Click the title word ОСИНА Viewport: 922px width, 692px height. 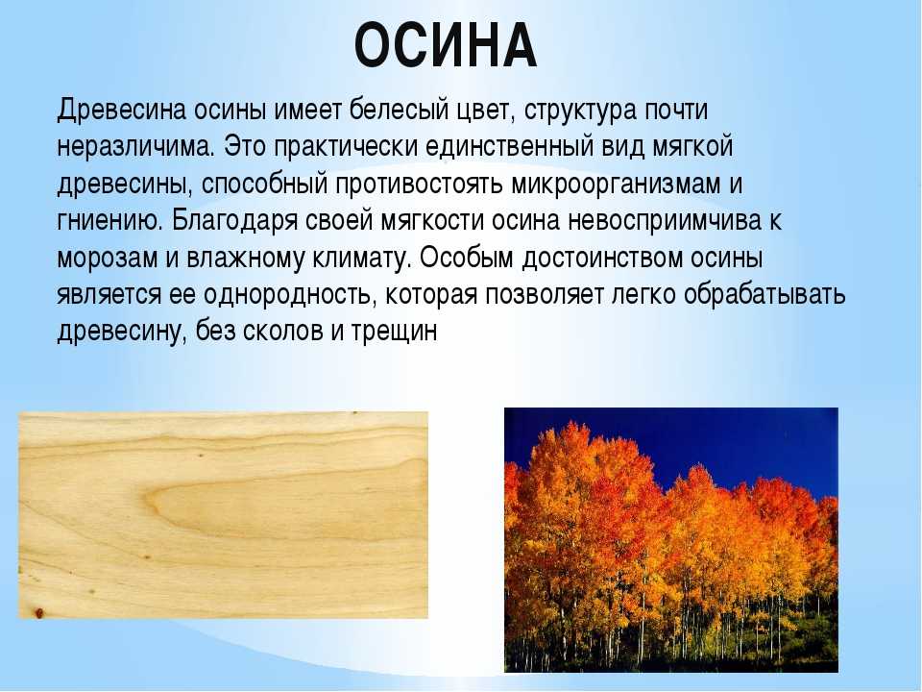[446, 46]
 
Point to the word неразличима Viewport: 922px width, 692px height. [135, 146]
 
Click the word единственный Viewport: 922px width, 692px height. [509, 148]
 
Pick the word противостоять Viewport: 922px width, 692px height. [419, 185]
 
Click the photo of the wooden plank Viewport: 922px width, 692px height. [224, 515]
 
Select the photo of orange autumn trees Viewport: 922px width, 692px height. [671, 539]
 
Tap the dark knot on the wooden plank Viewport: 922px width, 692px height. [38, 612]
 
